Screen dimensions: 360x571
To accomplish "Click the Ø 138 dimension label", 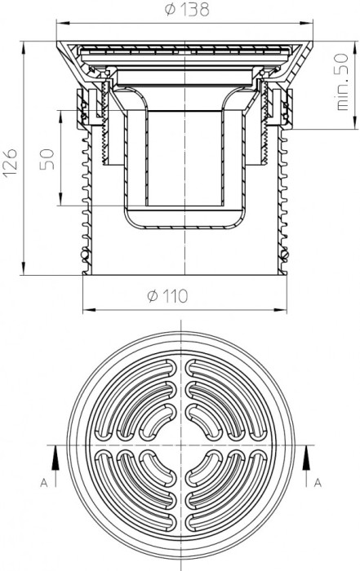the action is pos(187,10).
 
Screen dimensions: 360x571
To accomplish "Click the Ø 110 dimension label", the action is pos(167,295).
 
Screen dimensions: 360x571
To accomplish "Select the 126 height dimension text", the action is pos(10,163).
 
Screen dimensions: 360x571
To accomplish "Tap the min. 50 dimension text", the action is pos(342,82).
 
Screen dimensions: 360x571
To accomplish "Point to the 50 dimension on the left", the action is pos(47,160).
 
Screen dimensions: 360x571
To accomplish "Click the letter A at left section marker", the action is pos(44,483).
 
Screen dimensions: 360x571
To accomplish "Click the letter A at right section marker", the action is pos(318,483).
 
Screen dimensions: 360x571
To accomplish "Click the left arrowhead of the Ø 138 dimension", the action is pos(62,24).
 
